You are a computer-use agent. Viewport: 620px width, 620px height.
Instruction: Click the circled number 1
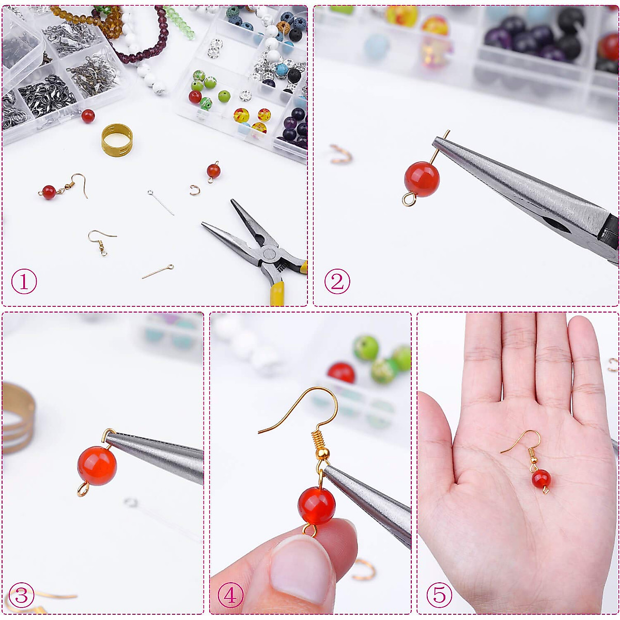24,283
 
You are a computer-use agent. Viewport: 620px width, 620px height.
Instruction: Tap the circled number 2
337,282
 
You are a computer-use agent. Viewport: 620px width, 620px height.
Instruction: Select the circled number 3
22,595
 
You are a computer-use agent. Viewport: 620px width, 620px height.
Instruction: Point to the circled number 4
230,595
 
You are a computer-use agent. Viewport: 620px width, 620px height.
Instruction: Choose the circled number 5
439,595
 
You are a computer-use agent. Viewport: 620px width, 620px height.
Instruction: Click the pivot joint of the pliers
268,254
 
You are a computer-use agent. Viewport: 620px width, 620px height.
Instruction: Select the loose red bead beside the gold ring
88,116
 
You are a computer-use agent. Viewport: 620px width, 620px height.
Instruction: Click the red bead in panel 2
422,179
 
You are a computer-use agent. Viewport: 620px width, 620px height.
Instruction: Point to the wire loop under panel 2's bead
409,199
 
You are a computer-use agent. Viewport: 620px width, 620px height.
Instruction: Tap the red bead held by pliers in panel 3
97,466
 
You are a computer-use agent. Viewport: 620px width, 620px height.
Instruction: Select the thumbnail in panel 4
300,568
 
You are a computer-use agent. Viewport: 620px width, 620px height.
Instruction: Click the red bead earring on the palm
541,478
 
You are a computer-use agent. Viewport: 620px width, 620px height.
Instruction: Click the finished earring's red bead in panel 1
49,192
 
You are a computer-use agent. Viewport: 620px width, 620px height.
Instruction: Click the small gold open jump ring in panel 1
195,191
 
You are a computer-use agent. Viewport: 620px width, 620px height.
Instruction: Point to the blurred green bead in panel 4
366,348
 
